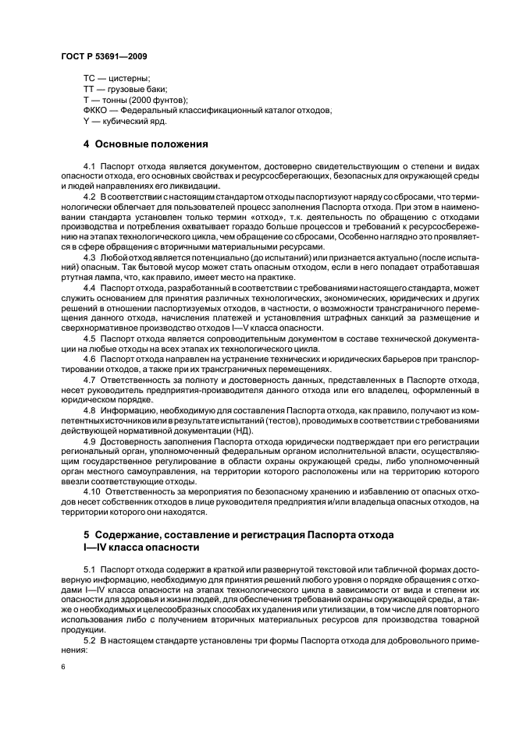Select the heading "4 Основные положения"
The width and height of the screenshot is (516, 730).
(x=145, y=144)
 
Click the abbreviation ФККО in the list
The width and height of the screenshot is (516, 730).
(x=96, y=111)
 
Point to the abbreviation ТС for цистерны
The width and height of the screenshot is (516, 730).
(x=90, y=79)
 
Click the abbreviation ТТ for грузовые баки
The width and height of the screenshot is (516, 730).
(x=90, y=90)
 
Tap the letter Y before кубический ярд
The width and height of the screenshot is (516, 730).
(x=87, y=122)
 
